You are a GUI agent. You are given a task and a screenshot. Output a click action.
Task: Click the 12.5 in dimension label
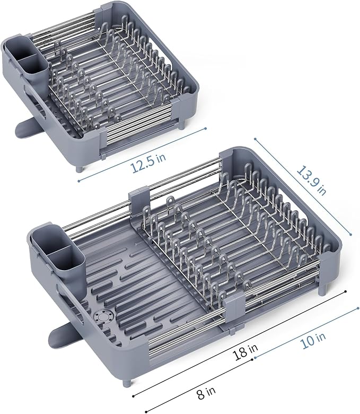(x=146, y=165)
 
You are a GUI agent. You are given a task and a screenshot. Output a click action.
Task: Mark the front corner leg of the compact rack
(x=81, y=168)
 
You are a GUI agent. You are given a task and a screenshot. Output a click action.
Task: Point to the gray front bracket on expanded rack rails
(x=234, y=313)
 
